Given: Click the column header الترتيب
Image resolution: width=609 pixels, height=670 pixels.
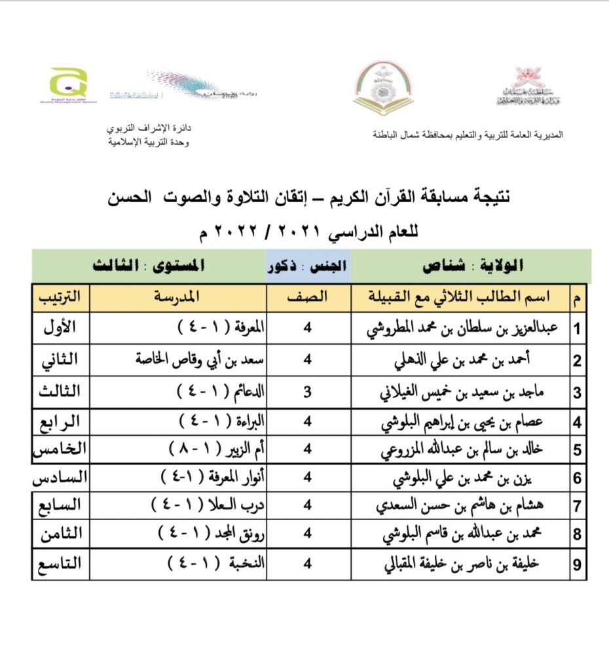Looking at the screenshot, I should pyautogui.click(x=60, y=297).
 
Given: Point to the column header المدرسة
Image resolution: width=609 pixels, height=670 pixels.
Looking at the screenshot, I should pyautogui.click(x=177, y=297).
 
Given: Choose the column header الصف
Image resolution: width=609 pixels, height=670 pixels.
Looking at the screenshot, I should pyautogui.click(x=308, y=297).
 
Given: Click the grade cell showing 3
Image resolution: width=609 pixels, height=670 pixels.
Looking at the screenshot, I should pyautogui.click(x=308, y=392).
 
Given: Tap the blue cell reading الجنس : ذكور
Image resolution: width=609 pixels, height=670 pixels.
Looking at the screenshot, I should pyautogui.click(x=308, y=267).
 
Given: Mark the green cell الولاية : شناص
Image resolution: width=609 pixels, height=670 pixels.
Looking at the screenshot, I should pyautogui.click(x=472, y=267).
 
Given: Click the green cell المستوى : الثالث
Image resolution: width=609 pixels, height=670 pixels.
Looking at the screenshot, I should pyautogui.click(x=149, y=267).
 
